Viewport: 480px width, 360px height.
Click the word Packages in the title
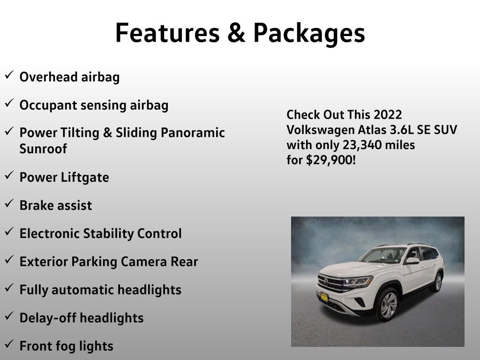pyautogui.click(x=309, y=33)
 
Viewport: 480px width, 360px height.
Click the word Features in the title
pyautogui.click(x=167, y=33)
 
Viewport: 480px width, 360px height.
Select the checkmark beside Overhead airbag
pyautogui.click(x=9, y=75)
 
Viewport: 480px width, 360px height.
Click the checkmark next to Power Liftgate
pyautogui.click(x=9, y=176)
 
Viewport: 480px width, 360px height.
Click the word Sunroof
pyautogui.click(x=43, y=149)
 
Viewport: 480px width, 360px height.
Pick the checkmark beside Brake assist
pyautogui.click(x=9, y=204)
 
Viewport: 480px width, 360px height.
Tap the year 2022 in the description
pyautogui.click(x=388, y=115)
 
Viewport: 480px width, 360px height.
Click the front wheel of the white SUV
pyautogui.click(x=387, y=304)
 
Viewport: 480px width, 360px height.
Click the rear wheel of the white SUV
pyautogui.click(x=438, y=283)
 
